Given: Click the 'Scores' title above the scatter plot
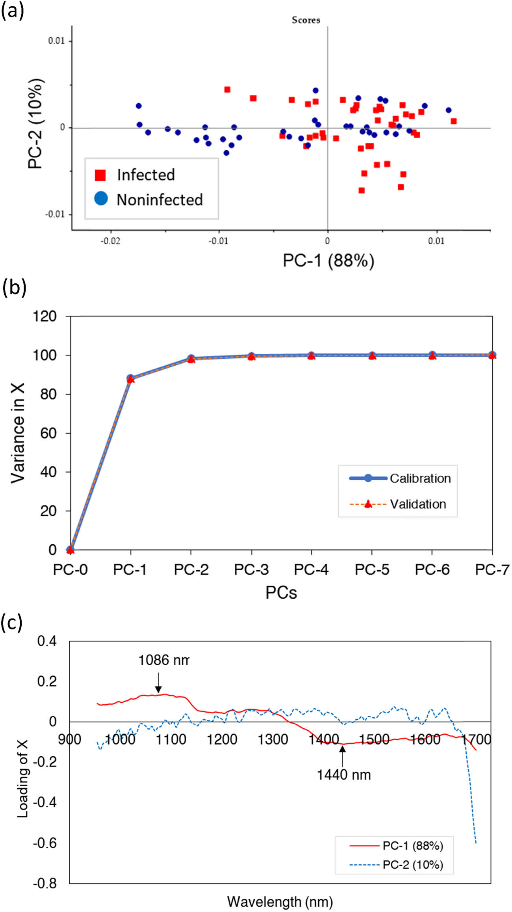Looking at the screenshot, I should (306, 20).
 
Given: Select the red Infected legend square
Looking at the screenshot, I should (100, 175).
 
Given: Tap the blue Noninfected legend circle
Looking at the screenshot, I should (101, 198).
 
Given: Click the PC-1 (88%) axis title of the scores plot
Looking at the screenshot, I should (328, 261).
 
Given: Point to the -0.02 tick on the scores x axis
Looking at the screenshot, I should (110, 241).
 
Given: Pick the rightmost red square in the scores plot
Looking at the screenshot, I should (453, 121).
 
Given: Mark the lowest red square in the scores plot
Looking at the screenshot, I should (362, 190).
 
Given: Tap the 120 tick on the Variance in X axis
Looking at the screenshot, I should (45, 316).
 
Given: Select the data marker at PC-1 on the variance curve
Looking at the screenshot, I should (130, 378).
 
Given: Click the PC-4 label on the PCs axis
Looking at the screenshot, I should (311, 570).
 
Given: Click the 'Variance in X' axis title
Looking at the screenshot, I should (18, 432).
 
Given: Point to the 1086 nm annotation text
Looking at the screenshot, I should (163, 660).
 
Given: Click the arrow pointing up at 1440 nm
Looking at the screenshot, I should (342, 755).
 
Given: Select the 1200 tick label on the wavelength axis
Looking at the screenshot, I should (222, 739).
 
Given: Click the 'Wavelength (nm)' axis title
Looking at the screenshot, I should (280, 901).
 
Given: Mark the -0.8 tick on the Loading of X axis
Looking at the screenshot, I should (45, 883).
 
